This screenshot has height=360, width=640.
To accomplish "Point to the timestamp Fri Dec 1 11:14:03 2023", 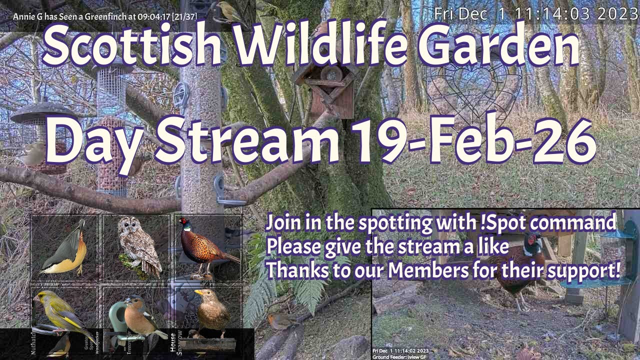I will (x=535, y=13).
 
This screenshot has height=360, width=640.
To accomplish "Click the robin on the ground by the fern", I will (x=280, y=321).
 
